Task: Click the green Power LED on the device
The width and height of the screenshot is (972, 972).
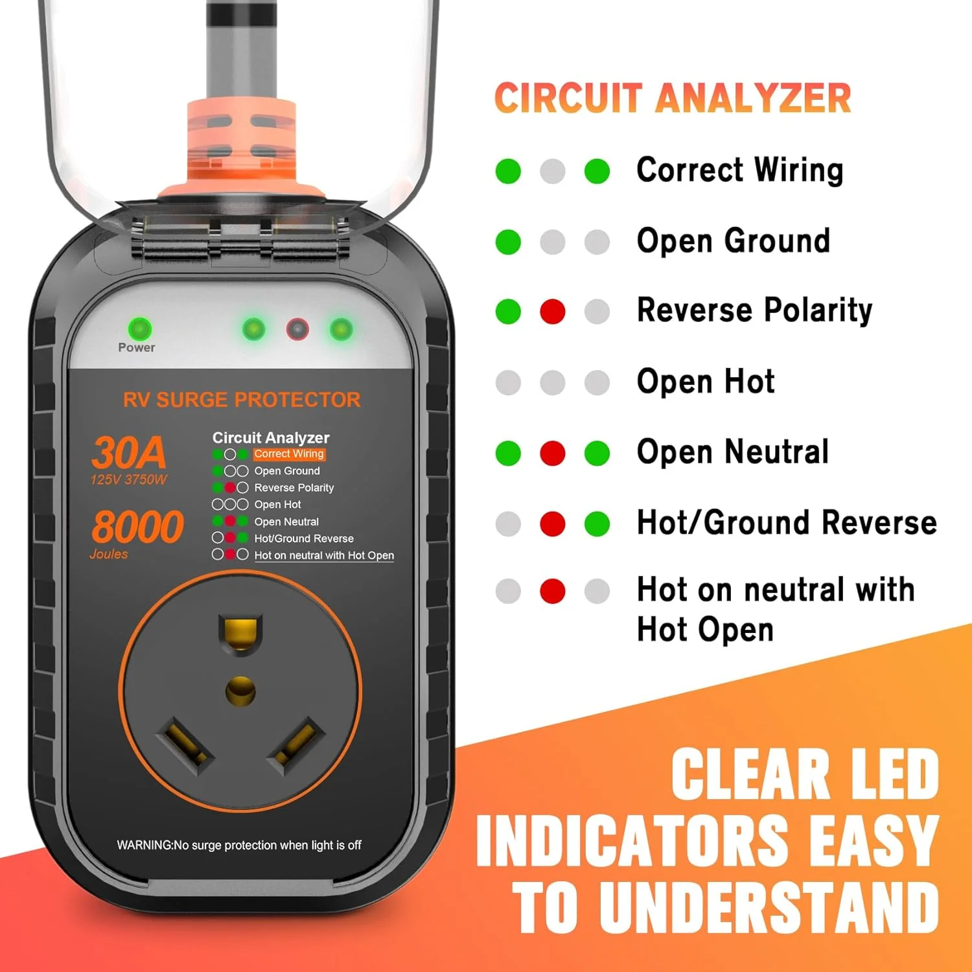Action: click(x=140, y=329)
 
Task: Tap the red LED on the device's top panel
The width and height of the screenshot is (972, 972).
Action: click(x=297, y=329)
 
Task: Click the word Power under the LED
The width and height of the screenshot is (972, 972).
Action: click(x=137, y=348)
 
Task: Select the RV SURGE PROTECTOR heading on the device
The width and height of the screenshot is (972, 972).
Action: click(x=242, y=400)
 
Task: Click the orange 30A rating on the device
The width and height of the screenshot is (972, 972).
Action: click(x=129, y=452)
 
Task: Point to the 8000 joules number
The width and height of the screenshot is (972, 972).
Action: click(x=137, y=526)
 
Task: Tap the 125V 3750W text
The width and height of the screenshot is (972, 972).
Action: click(x=128, y=480)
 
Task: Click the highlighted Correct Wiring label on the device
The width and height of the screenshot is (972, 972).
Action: click(x=289, y=454)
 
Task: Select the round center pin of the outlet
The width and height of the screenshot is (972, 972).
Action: click(x=240, y=691)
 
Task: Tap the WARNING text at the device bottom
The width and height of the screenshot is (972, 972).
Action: click(x=239, y=845)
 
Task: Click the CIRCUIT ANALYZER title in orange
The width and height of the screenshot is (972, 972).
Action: click(x=673, y=98)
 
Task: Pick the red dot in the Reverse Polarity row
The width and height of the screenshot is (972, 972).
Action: click(x=552, y=312)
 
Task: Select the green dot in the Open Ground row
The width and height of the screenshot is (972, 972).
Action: click(x=508, y=242)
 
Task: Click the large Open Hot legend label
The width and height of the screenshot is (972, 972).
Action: click(x=706, y=381)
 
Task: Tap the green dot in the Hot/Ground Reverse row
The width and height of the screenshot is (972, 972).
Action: click(x=597, y=524)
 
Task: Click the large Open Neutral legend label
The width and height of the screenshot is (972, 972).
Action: click(x=733, y=452)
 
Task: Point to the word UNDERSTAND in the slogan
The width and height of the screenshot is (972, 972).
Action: click(x=769, y=907)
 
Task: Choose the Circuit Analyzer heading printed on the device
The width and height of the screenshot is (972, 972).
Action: click(x=271, y=438)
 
